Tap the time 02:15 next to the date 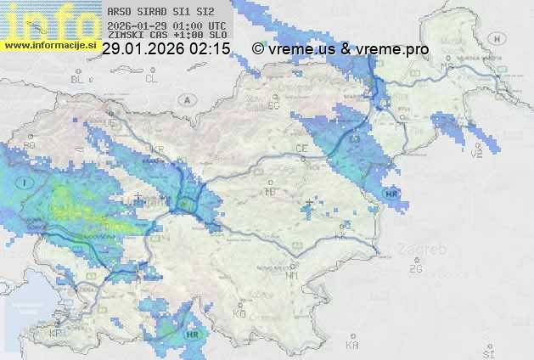coord(211,49)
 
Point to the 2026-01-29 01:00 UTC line coord(166,25)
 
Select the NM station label coord(292,275)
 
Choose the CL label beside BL coord(151,79)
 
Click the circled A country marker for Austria coord(185,99)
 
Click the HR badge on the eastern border coord(391,194)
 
